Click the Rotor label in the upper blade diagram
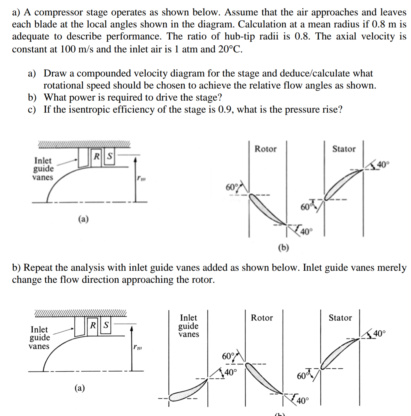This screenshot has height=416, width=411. pos(265,149)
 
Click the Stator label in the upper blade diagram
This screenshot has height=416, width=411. pos(344,149)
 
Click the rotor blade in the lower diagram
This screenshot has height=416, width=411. pos(264,378)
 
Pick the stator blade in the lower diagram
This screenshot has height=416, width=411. pos(340,353)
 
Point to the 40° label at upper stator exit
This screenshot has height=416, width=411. pos(383,165)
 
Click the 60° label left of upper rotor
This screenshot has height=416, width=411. pos(231,187)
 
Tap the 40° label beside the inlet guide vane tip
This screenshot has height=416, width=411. pos(230,373)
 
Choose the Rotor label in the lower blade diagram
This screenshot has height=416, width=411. pos(262,318)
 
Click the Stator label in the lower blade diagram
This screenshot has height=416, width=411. pos(340,318)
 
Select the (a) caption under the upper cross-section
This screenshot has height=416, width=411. pos(84,219)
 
